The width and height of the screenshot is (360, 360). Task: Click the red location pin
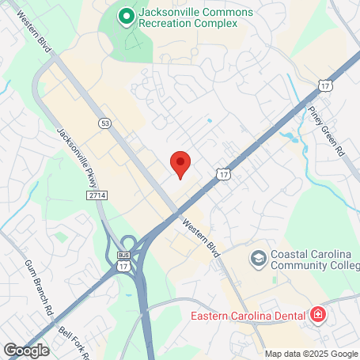click(180, 164)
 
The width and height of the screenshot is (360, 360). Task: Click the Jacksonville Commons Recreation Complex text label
click(185, 18)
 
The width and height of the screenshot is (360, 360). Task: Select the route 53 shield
click(104, 123)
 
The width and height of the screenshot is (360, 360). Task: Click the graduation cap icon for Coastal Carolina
click(258, 258)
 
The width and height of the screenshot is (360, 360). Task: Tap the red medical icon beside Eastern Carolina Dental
click(318, 316)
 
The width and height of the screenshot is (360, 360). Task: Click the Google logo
click(26, 350)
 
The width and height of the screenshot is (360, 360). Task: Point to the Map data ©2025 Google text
click(310, 354)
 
